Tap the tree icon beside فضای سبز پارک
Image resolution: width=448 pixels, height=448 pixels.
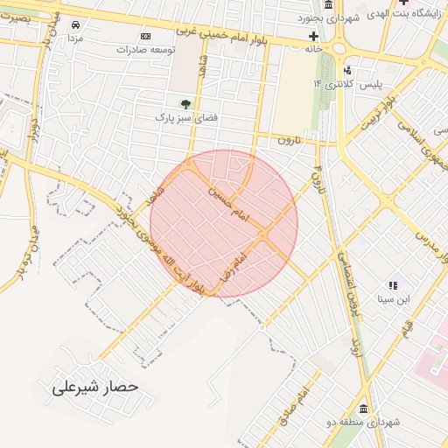click(185, 103)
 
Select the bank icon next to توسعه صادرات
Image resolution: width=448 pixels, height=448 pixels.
click(145, 36)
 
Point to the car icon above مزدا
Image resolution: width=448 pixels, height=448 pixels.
click(75, 24)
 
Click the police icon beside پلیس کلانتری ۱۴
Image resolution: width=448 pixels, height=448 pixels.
click(348, 70)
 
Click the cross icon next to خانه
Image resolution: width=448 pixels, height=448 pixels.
click(313, 36)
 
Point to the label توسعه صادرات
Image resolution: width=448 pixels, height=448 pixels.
click(145, 50)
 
